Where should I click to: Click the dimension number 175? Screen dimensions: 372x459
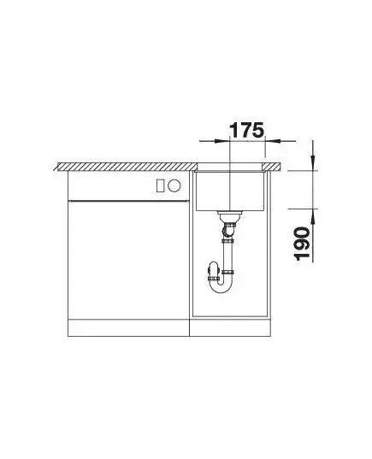point(247,130)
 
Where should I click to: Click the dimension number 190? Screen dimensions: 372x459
point(302,244)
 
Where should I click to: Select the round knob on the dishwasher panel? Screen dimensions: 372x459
point(174,185)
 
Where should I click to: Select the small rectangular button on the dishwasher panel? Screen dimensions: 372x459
point(160,185)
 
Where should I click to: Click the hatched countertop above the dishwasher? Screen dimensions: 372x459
point(127,167)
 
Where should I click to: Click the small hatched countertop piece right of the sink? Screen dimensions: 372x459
point(272,167)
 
